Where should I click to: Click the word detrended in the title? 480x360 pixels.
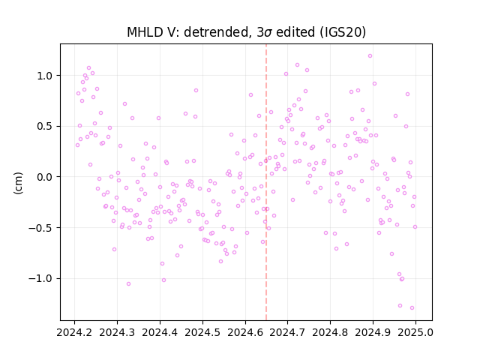(215, 32)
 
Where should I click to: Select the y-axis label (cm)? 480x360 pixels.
(18, 183)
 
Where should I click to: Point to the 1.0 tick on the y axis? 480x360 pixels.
(45, 76)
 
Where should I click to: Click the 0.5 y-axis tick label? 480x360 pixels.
(45, 127)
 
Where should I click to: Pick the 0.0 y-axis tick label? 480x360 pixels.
(45, 177)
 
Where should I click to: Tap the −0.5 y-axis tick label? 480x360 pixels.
(41, 228)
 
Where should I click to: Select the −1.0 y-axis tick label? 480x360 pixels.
(41, 279)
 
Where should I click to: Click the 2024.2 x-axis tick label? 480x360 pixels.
(74, 332)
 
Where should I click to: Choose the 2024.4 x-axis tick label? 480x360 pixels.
(160, 332)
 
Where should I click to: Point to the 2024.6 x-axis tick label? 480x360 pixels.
(245, 332)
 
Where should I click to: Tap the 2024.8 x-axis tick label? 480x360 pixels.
(330, 332)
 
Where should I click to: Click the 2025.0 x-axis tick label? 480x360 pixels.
(415, 332)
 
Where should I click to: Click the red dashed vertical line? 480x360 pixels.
(266, 182)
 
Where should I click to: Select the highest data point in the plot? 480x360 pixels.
(370, 56)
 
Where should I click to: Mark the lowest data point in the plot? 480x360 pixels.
(412, 308)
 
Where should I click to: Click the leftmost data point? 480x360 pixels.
(77, 145)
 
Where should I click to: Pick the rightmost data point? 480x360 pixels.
(415, 227)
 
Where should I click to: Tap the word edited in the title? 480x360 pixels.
(295, 32)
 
